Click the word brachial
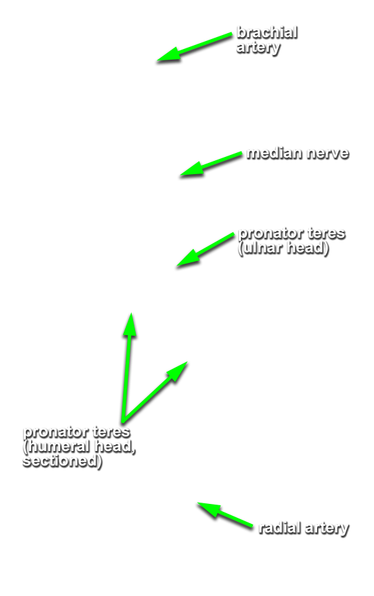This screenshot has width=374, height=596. point(267,32)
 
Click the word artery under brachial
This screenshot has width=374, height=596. point(258,48)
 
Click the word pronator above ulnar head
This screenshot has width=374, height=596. point(271,234)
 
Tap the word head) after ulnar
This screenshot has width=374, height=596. point(307,248)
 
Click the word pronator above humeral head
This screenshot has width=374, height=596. point(56,432)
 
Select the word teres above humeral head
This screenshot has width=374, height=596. point(111,432)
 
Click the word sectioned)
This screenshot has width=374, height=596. point(62,461)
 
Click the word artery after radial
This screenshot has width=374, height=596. point(327,529)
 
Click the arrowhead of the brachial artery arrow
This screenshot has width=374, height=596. point(158,60)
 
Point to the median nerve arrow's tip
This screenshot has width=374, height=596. point(181,175)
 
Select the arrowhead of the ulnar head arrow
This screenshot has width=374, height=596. point(177,266)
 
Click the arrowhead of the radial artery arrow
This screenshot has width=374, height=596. point(198,503)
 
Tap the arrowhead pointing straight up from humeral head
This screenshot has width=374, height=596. point(131,314)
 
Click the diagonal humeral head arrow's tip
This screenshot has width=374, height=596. point(187,362)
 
